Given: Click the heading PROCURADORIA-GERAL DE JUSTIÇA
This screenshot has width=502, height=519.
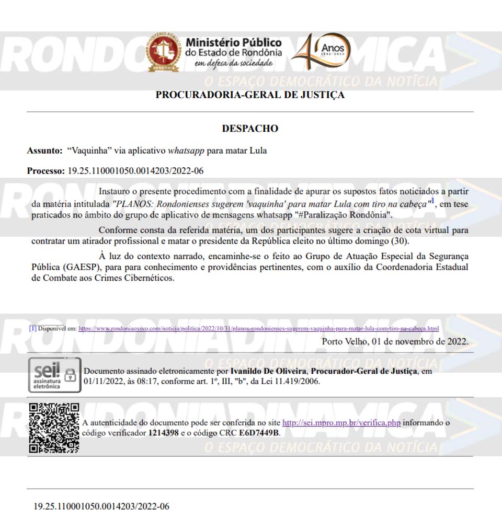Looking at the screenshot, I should coord(250,95).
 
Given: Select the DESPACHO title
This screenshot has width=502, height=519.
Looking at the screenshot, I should coord(250,129).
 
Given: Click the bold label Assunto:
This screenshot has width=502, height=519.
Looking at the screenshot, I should coord(45,151).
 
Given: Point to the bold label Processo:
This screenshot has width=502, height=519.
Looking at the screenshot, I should coord(46,171).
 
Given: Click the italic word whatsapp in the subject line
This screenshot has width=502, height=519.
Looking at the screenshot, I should coord(186,151).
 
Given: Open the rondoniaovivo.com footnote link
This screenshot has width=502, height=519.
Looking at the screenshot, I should coord(258,328).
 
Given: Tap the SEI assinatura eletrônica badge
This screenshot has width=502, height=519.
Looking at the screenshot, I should coord(54,375).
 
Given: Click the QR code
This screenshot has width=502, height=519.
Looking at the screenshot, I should coord(54,427).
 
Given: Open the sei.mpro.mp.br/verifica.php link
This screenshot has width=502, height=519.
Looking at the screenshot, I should coord(341,422).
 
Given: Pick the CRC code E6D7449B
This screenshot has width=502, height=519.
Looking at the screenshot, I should coord(259,433).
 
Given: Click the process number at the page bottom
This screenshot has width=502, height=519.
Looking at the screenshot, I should coord(101,506).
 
